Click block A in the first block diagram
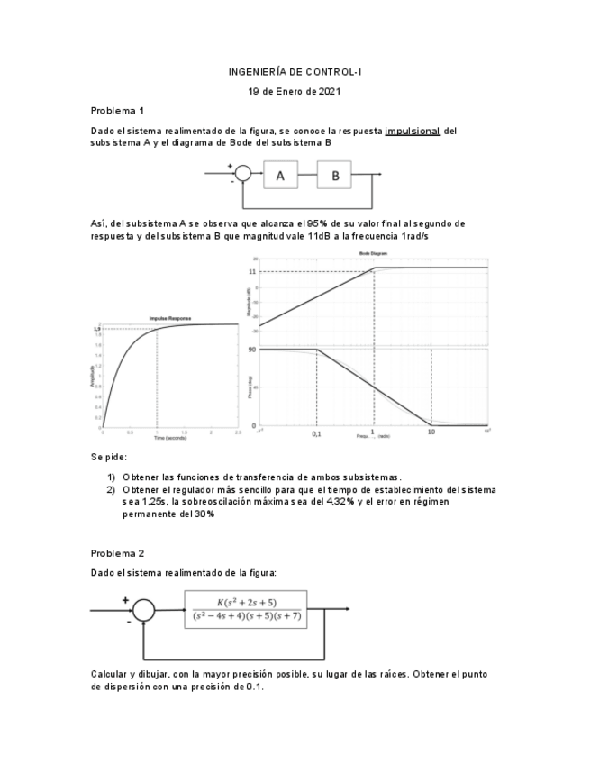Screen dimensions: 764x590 pos(280,177)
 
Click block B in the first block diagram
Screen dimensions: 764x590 pos(335,177)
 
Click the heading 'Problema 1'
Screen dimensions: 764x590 pos(117,111)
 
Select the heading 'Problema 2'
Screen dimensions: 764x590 pos(117,552)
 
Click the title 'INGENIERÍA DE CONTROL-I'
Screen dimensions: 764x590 pos(295,71)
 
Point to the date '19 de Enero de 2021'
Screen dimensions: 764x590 pos(295,91)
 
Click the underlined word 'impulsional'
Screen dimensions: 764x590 pos(412,131)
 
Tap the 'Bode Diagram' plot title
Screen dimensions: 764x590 pos(372,255)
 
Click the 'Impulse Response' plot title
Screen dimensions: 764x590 pos(169,318)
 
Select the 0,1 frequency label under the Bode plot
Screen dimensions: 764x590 pos(316,433)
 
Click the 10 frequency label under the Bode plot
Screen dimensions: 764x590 pos(431,433)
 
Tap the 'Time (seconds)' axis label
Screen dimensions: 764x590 pos(169,438)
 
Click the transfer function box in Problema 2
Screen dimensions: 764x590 pos(245,609)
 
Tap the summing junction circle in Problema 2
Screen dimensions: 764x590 pos(143,610)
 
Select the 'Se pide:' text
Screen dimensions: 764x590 pos(109,458)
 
